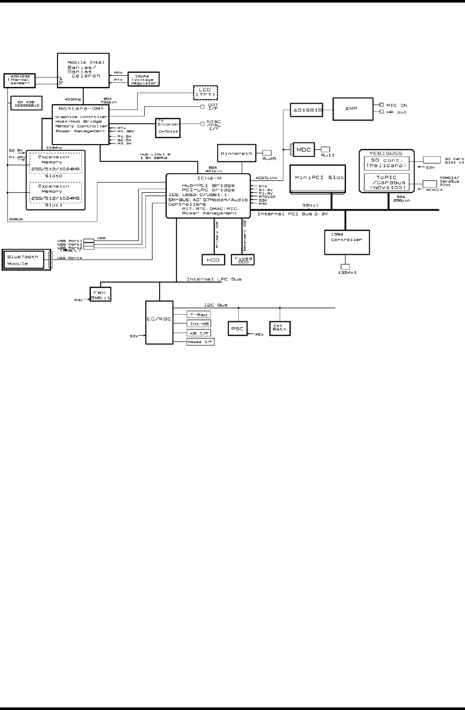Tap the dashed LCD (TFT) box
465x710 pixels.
205,92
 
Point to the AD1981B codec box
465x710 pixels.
307,110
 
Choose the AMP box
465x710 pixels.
351,108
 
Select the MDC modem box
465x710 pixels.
304,150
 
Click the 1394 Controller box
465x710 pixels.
347,241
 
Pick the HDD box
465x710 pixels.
213,260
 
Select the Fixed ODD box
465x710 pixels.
243,260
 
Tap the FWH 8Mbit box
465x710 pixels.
100,294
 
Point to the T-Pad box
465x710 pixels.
198,315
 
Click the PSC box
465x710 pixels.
237,329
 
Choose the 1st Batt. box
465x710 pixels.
280,328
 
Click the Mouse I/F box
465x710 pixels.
200,341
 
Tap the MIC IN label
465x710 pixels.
396,105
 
